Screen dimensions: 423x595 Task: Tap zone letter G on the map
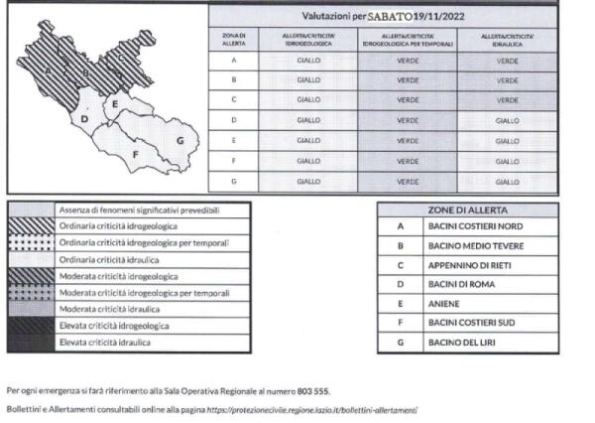pos(179,140)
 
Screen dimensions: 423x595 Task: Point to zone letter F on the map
pos(135,154)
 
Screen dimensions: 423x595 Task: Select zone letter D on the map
pos(85,120)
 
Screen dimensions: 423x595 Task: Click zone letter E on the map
pos(116,103)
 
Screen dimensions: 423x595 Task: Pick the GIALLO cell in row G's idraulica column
pos(507,182)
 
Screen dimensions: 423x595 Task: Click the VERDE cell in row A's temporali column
pos(408,60)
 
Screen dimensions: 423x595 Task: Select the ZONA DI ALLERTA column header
pos(233,40)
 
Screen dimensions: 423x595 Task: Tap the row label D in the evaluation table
pos(233,120)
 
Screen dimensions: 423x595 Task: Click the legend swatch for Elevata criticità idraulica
pos(31,343)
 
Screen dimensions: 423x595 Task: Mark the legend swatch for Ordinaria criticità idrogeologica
pos(31,226)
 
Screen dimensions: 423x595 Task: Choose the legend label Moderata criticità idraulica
pos(117,310)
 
